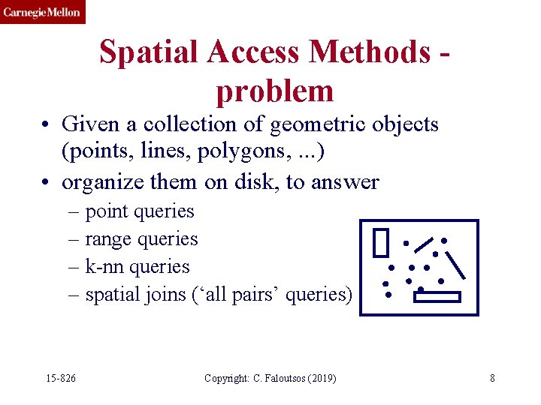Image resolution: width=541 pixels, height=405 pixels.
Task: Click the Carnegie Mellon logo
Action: pos(42,12)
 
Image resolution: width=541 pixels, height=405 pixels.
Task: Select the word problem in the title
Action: pos(274,91)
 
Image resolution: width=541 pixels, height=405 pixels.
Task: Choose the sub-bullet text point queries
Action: pos(140,211)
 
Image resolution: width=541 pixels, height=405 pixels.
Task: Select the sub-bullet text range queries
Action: pos(141,239)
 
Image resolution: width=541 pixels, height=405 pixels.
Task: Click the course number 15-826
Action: pos(59,378)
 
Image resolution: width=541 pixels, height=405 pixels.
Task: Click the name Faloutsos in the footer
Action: pos(282,378)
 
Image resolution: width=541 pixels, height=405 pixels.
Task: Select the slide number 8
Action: pos(492,378)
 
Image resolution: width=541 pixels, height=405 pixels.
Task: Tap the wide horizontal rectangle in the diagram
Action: pos(437,297)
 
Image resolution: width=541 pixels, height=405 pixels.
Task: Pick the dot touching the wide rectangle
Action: pos(421,289)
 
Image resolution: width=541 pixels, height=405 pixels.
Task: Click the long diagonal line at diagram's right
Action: pos(456,265)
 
